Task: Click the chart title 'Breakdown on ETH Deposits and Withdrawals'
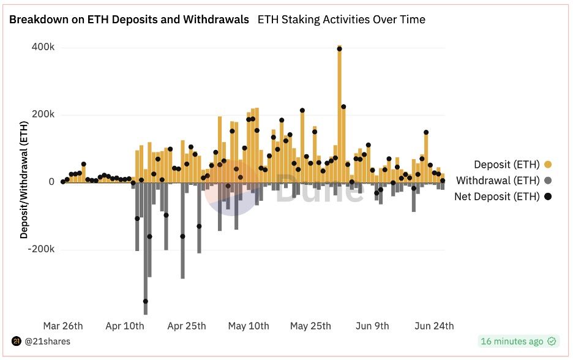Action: [x=129, y=20]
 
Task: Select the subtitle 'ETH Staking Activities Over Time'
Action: [x=342, y=20]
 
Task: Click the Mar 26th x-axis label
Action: [x=63, y=326]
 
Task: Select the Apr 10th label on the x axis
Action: [x=125, y=326]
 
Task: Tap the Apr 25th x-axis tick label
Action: [x=187, y=326]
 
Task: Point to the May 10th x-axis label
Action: [x=249, y=326]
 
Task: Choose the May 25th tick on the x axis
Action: [x=310, y=326]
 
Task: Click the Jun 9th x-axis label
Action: [x=372, y=326]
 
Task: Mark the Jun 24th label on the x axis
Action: [x=434, y=326]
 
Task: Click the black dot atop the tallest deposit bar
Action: [x=340, y=49]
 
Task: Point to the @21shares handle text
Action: [x=47, y=341]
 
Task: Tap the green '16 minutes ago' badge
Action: [x=518, y=341]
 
